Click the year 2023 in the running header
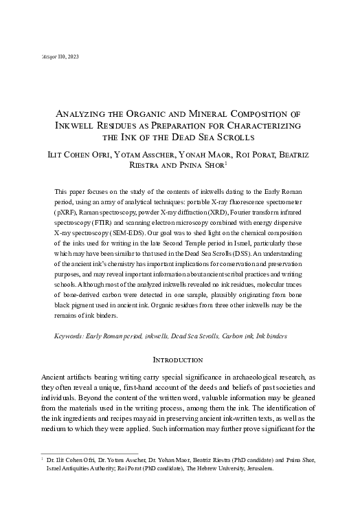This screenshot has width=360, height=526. point(73,56)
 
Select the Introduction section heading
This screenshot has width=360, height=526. point(179,360)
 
